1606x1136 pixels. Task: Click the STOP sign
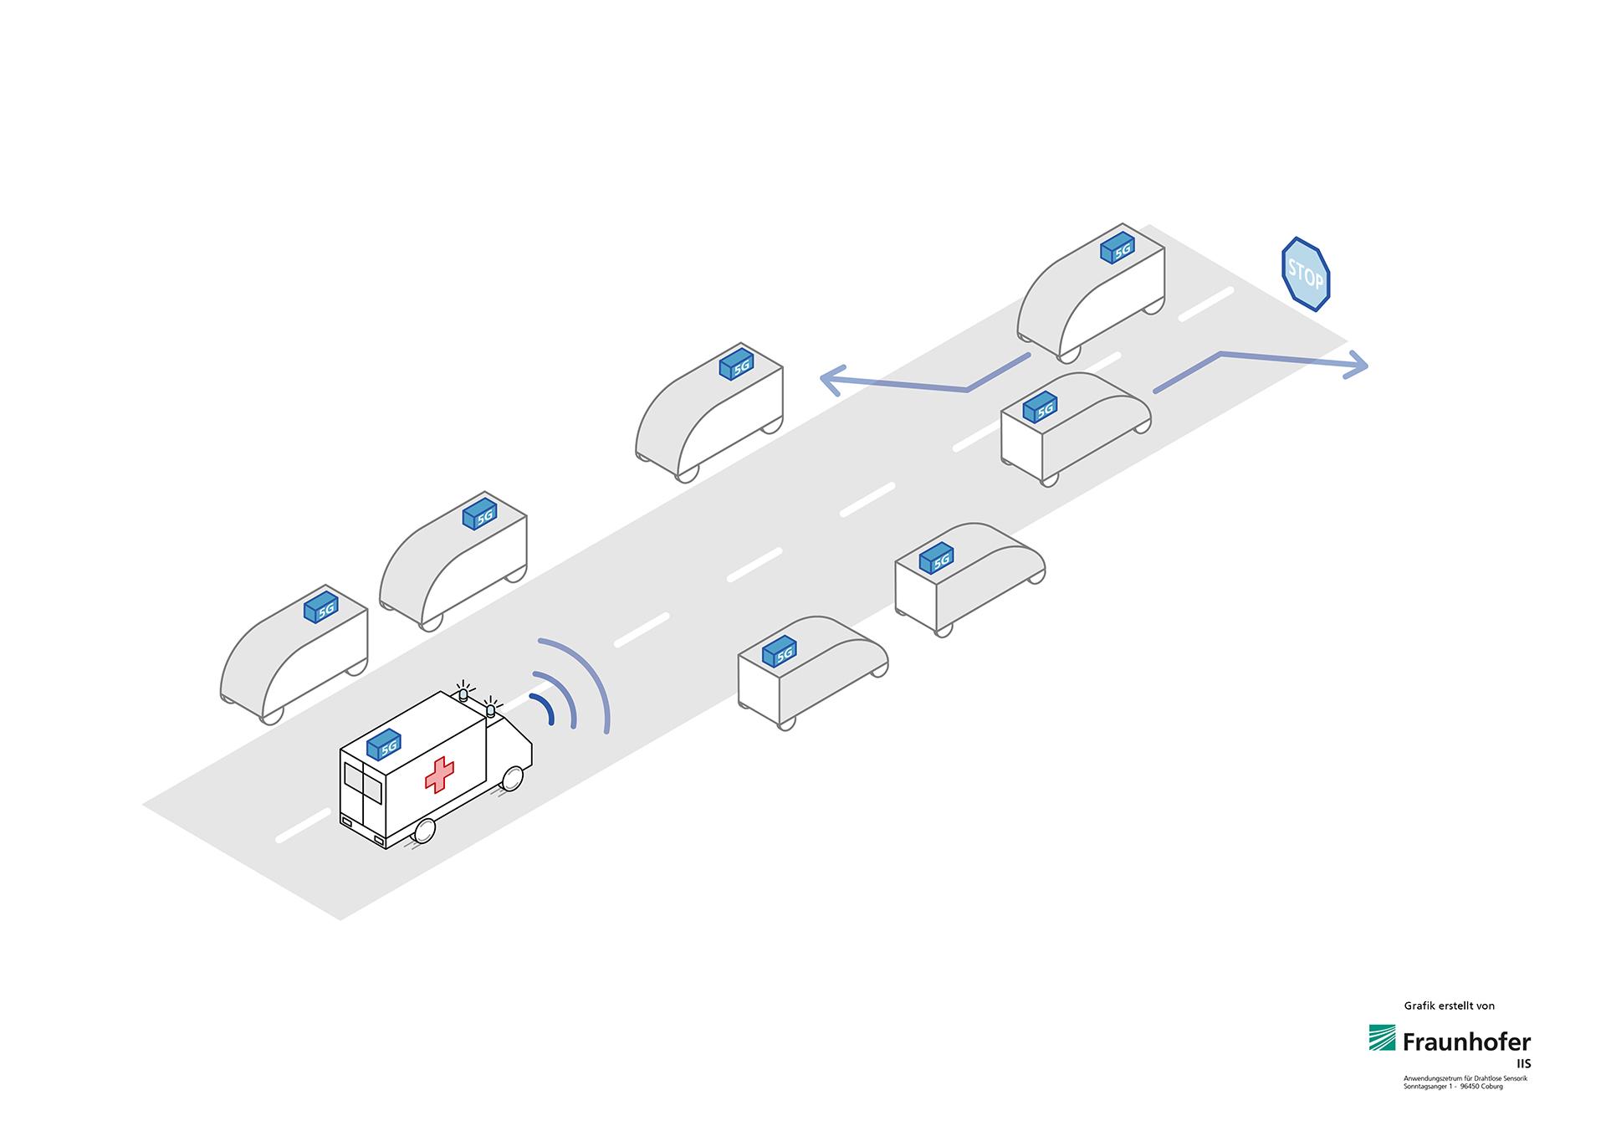(1306, 274)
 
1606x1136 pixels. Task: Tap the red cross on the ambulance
(439, 775)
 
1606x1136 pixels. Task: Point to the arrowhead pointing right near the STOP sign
(1357, 365)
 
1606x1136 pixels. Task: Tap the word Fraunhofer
(1466, 1042)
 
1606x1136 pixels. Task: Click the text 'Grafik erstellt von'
(1449, 1006)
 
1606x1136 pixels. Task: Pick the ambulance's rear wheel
(425, 831)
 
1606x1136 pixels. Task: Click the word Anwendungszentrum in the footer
(1430, 1078)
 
